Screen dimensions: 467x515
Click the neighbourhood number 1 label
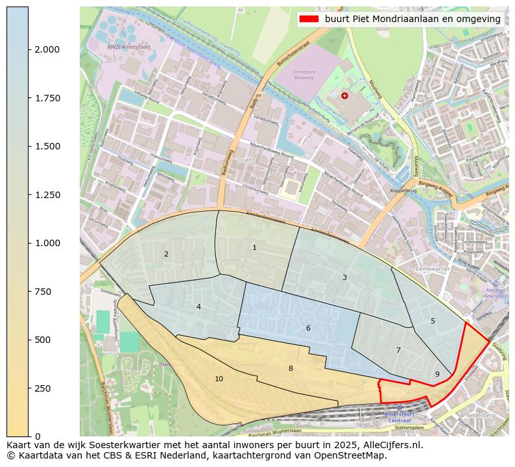[x=254, y=247]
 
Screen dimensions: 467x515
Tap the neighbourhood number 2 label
[x=166, y=254]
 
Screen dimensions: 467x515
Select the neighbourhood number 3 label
[x=344, y=277]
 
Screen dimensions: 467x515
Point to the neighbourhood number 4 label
[x=198, y=307]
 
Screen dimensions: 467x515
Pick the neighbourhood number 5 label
[x=433, y=321]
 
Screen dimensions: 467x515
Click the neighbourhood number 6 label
[x=308, y=328]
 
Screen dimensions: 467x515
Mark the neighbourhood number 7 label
[x=398, y=350]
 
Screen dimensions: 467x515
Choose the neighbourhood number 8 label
[x=291, y=368]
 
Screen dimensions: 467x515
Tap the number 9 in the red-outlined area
[x=437, y=373]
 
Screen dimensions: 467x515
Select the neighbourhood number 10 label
[x=219, y=379]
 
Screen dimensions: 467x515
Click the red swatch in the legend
[x=309, y=19]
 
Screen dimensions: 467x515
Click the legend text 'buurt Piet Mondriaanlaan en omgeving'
[x=413, y=19]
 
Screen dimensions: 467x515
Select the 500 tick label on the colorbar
[x=46, y=340]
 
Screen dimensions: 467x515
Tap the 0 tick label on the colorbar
[x=38, y=436]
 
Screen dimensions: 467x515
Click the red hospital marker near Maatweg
[x=344, y=95]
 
